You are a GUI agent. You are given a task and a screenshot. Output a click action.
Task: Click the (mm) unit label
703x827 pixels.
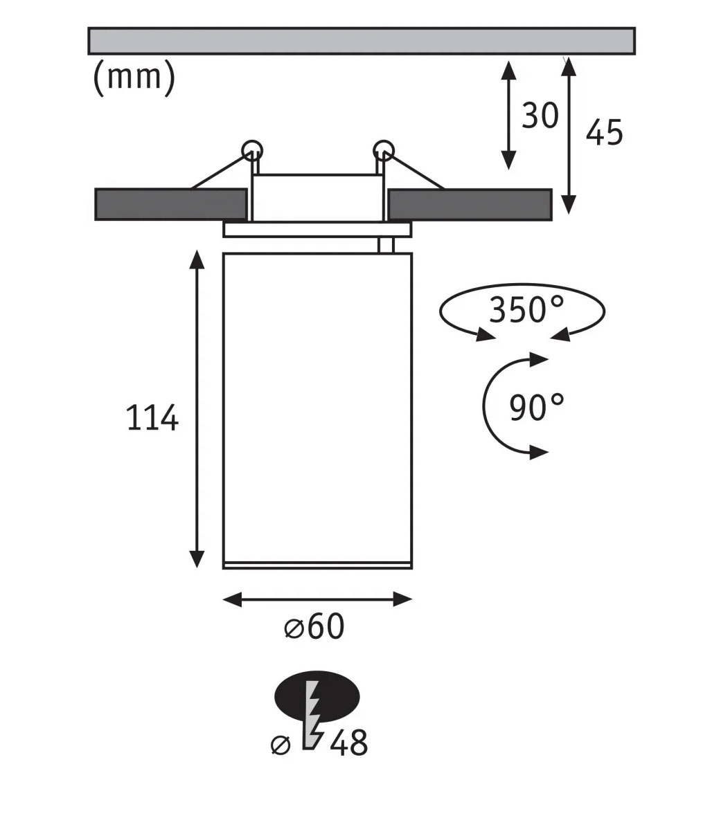pos(134,77)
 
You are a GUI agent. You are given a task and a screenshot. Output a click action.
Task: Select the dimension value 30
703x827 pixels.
pos(540,116)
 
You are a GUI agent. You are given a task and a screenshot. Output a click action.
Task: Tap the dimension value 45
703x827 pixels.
pos(605,132)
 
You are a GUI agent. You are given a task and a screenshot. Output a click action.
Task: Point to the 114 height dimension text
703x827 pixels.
pos(152,418)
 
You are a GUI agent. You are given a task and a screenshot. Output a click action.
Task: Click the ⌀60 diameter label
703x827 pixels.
pos(314,626)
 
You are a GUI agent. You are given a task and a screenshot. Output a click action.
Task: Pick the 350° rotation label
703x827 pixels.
pos(526,309)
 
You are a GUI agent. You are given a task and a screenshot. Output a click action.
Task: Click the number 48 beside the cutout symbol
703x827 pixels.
pos(349,743)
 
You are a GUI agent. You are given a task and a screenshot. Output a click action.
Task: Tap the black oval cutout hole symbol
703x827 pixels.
pos(317,697)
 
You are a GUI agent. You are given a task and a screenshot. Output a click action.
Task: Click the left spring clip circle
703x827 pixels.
pos(251,151)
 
